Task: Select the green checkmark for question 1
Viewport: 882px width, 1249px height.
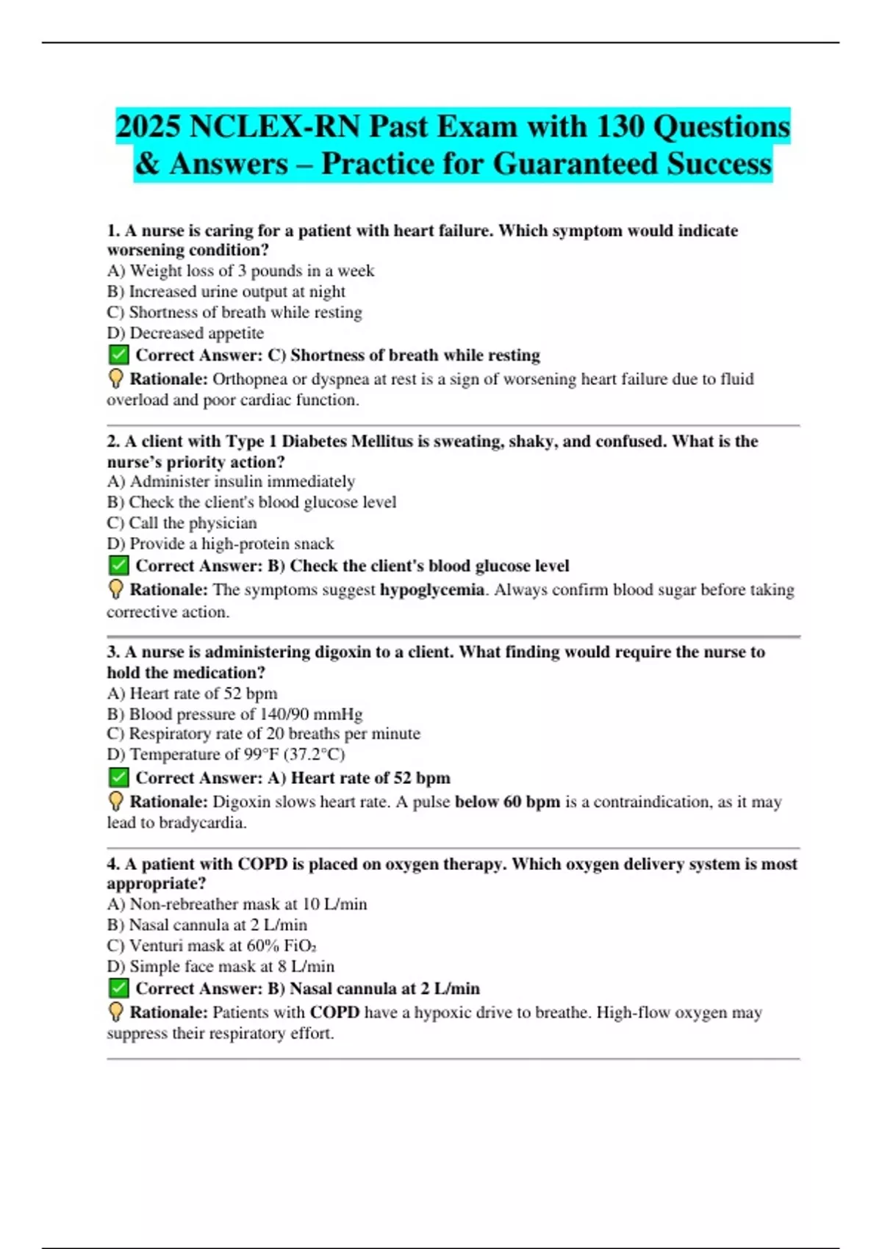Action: (x=118, y=356)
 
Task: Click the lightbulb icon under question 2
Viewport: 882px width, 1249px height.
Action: (x=115, y=589)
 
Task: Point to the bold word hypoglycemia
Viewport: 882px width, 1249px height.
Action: (x=431, y=590)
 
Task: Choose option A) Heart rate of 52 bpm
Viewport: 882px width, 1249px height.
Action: (x=192, y=694)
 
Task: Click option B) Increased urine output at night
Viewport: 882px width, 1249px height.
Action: (x=226, y=292)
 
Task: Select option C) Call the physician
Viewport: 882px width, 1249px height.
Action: (x=182, y=523)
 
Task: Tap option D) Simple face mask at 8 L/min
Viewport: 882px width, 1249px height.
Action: (x=220, y=966)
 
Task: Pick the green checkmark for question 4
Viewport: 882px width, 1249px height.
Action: (x=118, y=989)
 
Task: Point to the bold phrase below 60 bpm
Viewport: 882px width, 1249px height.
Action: (x=507, y=802)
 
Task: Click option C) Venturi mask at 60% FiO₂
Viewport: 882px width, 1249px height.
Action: (x=212, y=946)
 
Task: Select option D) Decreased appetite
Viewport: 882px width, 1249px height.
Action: (x=185, y=333)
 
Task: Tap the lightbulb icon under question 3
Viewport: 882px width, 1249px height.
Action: (x=115, y=802)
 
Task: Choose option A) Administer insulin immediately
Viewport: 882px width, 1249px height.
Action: (x=231, y=481)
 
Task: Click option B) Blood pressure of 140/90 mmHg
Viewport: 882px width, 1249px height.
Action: (x=234, y=714)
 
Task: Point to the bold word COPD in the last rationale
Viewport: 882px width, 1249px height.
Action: (x=334, y=1012)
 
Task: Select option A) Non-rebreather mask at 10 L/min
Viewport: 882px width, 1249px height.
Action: (x=237, y=904)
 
